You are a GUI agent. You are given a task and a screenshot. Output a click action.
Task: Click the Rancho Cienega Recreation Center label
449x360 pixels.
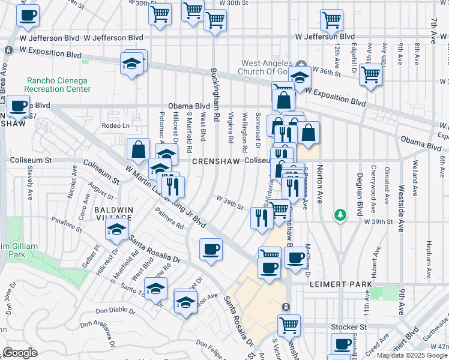(58, 85)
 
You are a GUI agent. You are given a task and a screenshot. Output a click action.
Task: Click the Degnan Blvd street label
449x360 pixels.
(360, 191)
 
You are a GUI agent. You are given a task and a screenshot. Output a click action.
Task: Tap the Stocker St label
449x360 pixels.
(349, 327)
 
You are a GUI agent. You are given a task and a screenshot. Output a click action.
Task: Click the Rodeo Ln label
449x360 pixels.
(115, 125)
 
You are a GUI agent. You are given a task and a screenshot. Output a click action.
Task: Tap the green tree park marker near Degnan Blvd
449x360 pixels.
(340, 214)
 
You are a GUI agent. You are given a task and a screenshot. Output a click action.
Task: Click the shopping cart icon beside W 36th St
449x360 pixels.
(371, 75)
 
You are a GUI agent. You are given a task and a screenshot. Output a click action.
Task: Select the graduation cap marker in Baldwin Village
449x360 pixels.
(116, 228)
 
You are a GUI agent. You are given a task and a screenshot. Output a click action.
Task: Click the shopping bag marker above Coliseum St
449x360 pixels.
(138, 149)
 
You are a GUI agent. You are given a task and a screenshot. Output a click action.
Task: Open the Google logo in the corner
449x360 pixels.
(20, 353)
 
